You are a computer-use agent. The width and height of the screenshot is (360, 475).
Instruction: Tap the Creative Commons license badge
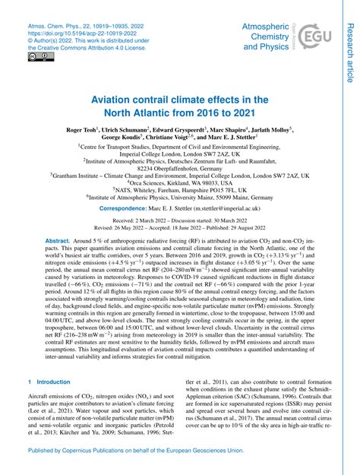point(34,57)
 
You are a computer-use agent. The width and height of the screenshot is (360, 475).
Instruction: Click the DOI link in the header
point(73,35)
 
